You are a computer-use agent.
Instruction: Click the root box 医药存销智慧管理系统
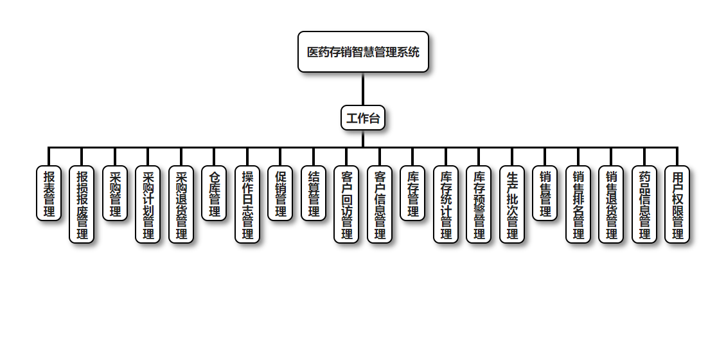click(x=363, y=51)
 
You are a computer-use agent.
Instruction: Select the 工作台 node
click(x=363, y=118)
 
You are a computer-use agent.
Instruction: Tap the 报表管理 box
click(x=49, y=193)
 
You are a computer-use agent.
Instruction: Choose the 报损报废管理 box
click(x=82, y=204)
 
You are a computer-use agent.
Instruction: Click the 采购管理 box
click(x=115, y=193)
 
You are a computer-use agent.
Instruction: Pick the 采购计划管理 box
click(x=148, y=204)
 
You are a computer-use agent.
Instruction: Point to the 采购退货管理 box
click(x=181, y=204)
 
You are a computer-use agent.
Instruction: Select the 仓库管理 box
click(x=214, y=193)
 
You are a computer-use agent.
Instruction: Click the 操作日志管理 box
click(x=247, y=204)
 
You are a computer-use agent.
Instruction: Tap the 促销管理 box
click(x=280, y=193)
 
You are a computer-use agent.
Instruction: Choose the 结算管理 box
click(x=314, y=193)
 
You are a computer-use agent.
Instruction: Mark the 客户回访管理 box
click(x=346, y=204)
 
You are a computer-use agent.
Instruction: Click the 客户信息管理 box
click(x=380, y=204)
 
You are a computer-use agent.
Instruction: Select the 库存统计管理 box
click(x=446, y=204)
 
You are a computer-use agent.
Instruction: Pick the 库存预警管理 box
click(x=479, y=204)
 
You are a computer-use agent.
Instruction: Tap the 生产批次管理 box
click(x=512, y=204)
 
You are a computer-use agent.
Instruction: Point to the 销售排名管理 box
click(x=578, y=204)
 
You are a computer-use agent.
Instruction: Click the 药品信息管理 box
click(x=644, y=204)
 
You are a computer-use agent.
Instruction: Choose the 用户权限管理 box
click(x=677, y=204)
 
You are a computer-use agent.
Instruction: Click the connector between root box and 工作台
click(x=363, y=89)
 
